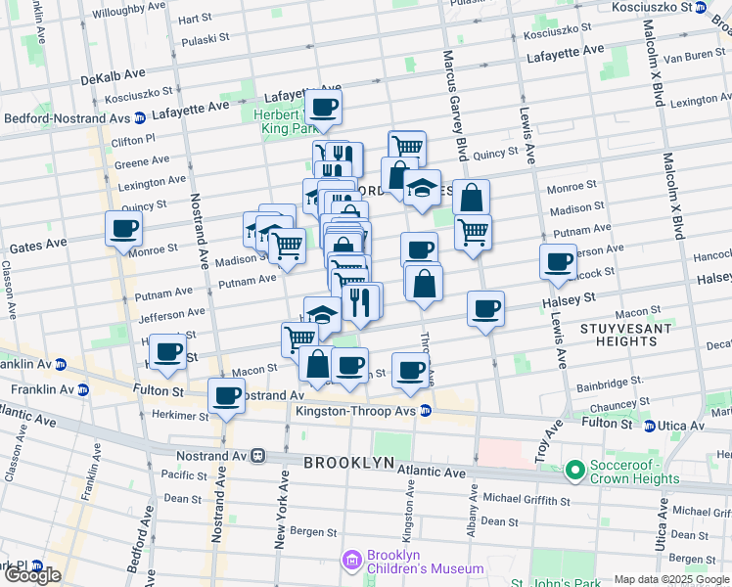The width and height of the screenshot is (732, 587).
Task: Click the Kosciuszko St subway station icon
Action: (x=700, y=7)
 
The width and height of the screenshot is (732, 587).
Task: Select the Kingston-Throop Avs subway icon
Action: (x=426, y=411)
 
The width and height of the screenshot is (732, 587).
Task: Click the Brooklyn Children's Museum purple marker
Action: (x=351, y=561)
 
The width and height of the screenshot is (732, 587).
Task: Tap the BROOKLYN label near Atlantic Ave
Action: (x=348, y=462)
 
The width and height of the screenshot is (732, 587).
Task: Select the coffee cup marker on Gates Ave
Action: (x=124, y=229)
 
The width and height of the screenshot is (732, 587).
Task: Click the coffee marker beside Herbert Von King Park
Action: (x=323, y=107)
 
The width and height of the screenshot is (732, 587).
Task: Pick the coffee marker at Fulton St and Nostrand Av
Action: (x=226, y=396)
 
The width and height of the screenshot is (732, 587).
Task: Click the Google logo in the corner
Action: (x=32, y=575)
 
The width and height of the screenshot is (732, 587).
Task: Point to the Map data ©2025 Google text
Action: (x=670, y=579)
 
